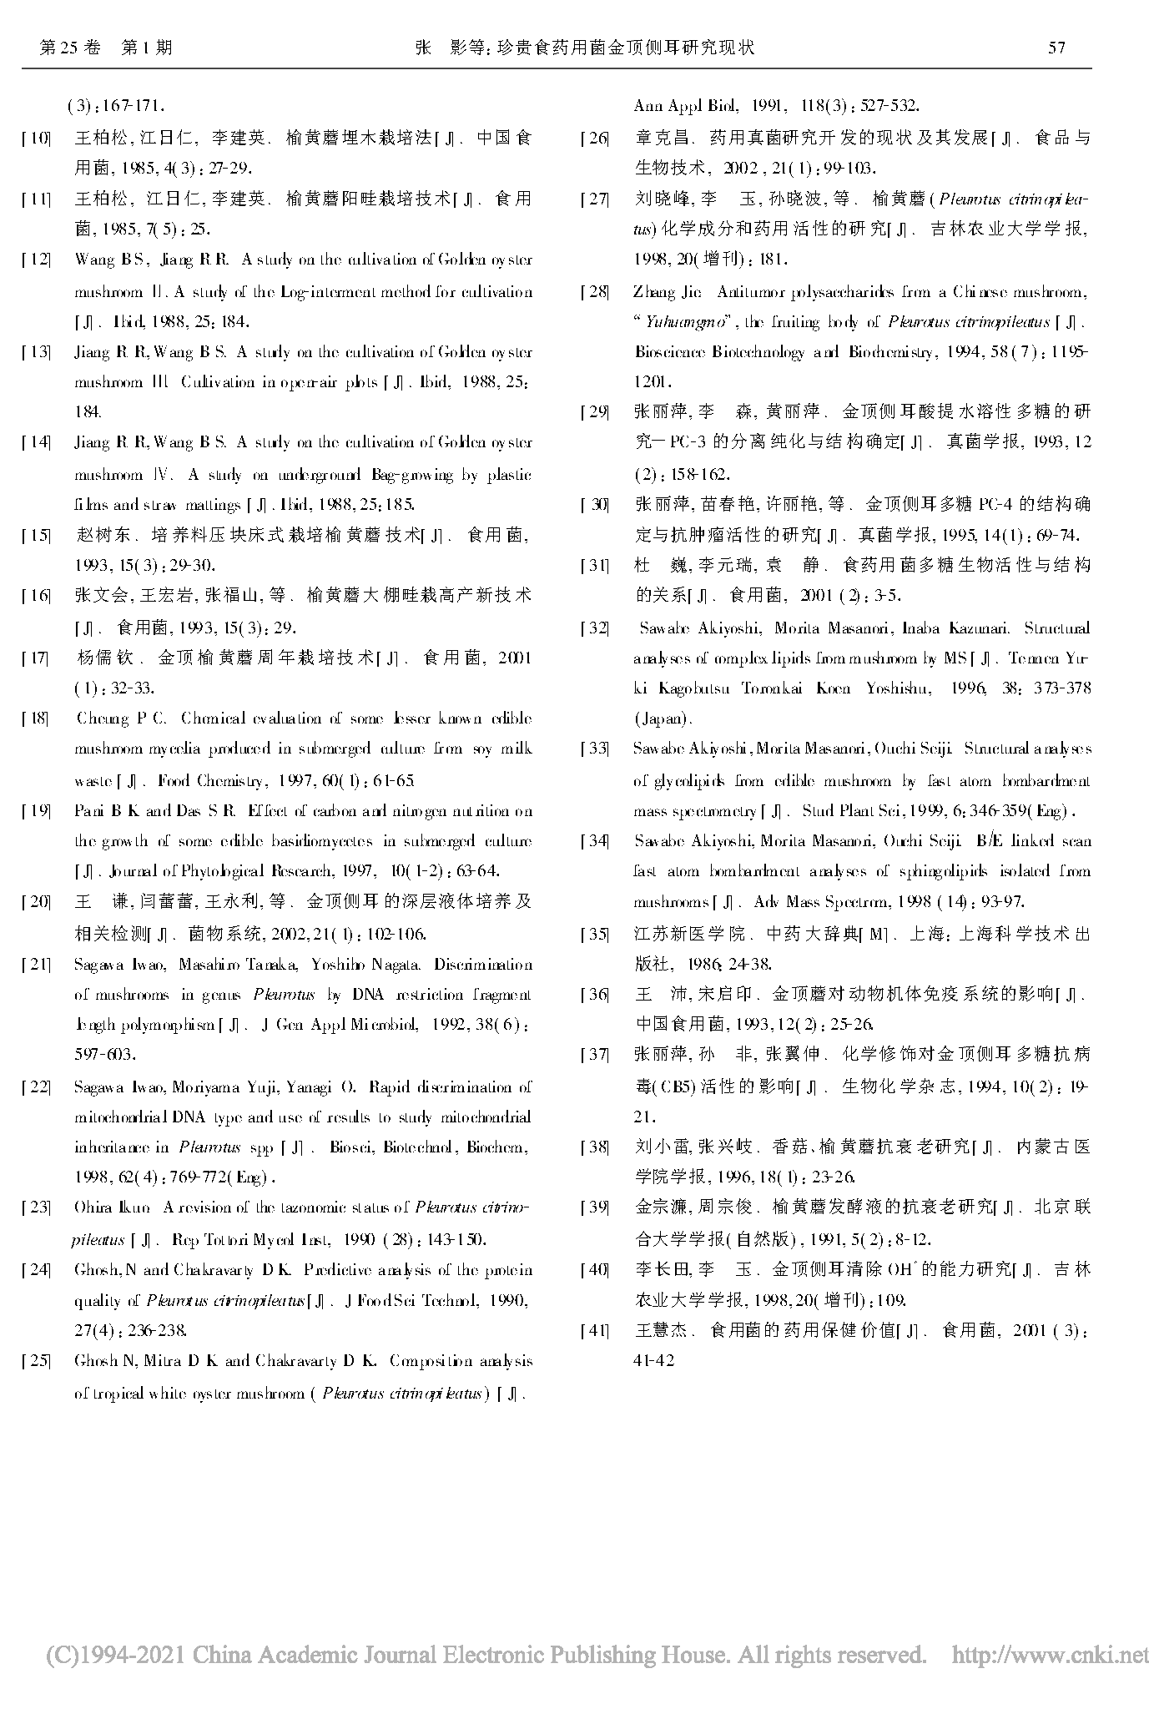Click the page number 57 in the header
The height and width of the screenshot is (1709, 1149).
[x=1056, y=48]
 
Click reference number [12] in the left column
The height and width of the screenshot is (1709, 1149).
[x=37, y=260]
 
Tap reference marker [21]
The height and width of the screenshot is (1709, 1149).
[x=37, y=965]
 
